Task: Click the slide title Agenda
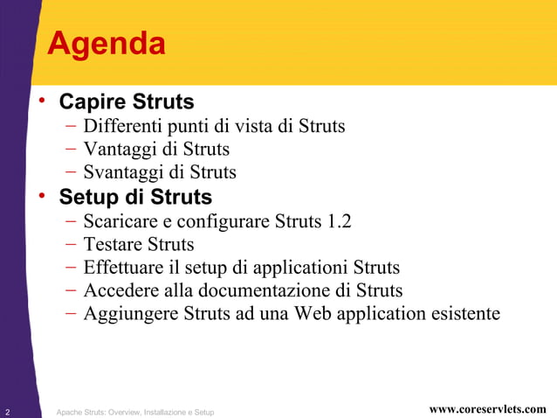point(106,44)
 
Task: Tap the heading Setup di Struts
point(135,194)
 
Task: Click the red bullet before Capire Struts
point(41,101)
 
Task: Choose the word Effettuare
point(123,268)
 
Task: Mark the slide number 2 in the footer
point(7,410)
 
